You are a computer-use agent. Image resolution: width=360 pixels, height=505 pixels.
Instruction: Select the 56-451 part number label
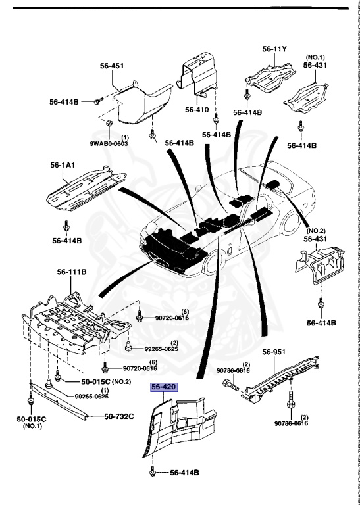tap(113, 66)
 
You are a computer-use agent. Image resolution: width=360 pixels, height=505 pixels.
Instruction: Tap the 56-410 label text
tap(197, 109)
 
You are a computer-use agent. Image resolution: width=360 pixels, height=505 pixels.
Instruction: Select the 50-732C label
tap(119, 416)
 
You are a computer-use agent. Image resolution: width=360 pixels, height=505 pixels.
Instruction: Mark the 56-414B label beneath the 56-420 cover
tap(184, 472)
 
